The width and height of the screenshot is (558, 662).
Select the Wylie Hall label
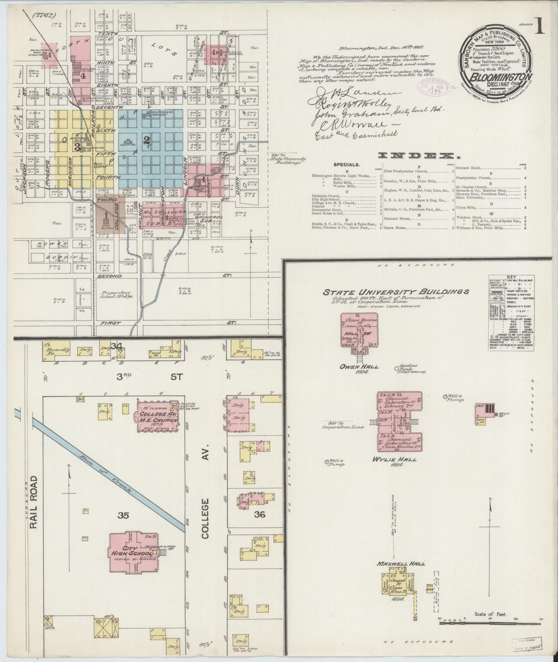(x=399, y=460)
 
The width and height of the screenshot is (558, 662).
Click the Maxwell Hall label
(x=401, y=563)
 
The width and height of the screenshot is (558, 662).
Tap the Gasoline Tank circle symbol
(x=397, y=369)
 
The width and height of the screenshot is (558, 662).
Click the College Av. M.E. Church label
(x=158, y=418)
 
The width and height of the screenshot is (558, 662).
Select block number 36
(x=259, y=524)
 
